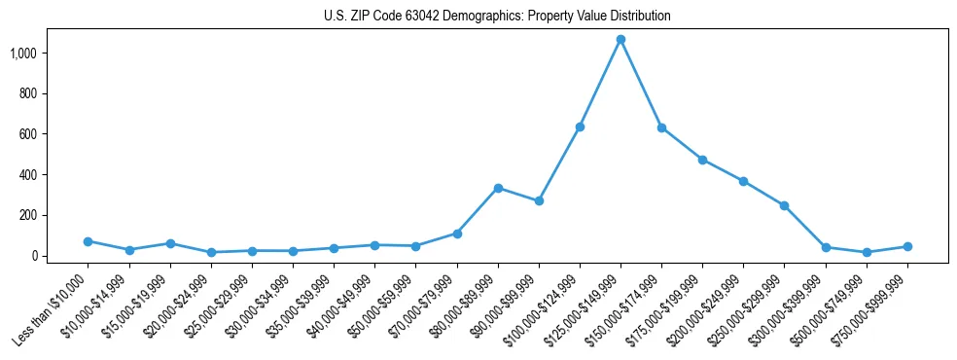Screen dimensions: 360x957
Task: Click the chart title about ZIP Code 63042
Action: coord(497,17)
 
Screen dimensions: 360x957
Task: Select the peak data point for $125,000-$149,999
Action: coord(620,40)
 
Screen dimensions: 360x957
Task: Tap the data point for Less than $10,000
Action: coord(88,241)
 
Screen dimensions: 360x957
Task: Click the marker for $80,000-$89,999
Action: coord(498,188)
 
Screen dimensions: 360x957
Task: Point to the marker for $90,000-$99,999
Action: coord(539,201)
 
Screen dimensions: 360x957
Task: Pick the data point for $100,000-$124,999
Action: coord(580,126)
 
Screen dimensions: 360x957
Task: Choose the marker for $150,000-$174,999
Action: coord(661,127)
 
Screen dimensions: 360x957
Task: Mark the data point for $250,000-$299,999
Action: coord(784,205)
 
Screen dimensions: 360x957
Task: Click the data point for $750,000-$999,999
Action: coord(907,247)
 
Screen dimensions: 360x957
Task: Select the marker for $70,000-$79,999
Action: coord(457,234)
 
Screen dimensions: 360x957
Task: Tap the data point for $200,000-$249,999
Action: coord(743,181)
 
